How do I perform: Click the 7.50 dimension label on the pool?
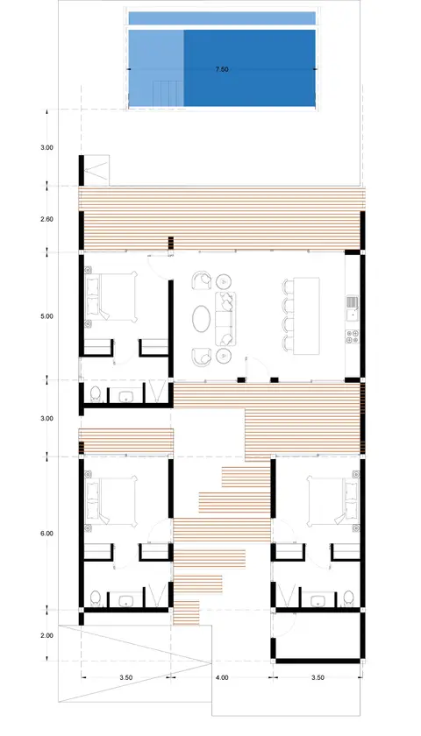(x=222, y=69)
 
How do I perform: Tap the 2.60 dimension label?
(x=47, y=219)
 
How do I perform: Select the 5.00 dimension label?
(x=47, y=316)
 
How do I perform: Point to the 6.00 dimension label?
(x=47, y=534)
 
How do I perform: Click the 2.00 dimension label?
(x=47, y=635)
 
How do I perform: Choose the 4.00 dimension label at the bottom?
(x=222, y=677)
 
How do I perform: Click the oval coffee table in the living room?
(x=201, y=319)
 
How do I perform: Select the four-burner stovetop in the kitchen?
(x=353, y=336)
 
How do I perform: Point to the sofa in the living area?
(x=226, y=319)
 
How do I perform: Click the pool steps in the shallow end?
(x=168, y=94)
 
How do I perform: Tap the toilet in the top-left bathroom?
(x=96, y=393)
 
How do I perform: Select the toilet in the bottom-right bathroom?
(x=349, y=598)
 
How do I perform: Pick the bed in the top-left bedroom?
(x=111, y=297)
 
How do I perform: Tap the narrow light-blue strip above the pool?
(x=222, y=18)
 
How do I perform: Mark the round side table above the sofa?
(x=224, y=281)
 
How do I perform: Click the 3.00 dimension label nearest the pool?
(x=47, y=147)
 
